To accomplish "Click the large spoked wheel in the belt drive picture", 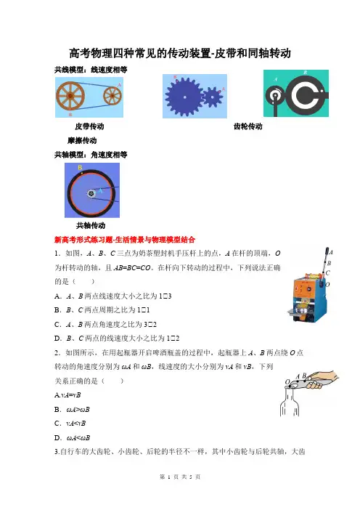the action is point(70,96).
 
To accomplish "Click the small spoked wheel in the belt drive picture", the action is point(112,96).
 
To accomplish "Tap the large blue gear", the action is point(185,97).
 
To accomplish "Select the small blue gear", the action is point(212,97).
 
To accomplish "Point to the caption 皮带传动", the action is point(89,126).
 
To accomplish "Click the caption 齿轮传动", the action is point(248,126).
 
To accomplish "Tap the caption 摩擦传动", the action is point(82,140).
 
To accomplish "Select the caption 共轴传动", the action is point(91,225).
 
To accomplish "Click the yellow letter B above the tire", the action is point(80,168).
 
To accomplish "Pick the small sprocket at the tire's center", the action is point(91,194).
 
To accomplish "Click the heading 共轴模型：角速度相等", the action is point(91,155).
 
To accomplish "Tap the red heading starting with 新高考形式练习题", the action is point(125,240).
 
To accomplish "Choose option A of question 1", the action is point(112,296).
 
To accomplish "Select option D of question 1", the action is point(117,339).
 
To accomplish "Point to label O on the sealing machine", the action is point(327,284).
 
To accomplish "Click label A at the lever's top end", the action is point(331,252).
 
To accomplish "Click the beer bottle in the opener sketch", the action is point(289,401).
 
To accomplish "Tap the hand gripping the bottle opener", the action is point(322,379).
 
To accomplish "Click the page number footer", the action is point(180,477).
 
